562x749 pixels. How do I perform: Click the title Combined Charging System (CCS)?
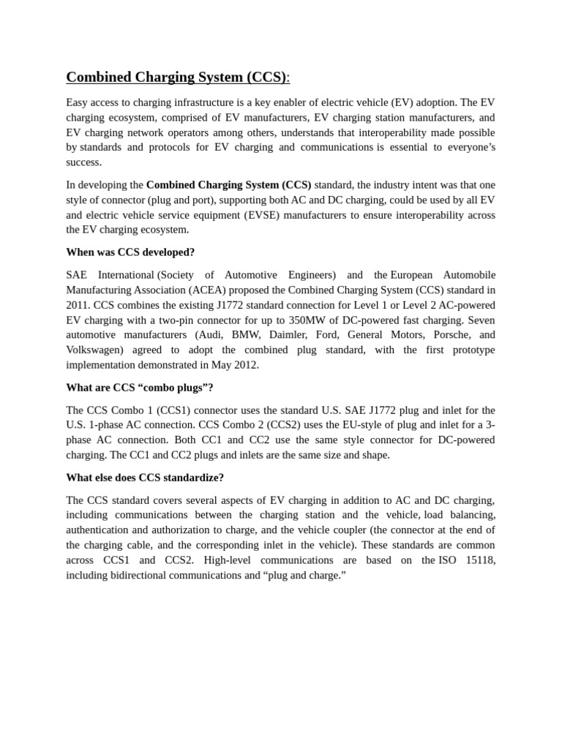pyautogui.click(x=178, y=78)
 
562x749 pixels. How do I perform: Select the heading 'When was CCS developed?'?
pyautogui.click(x=130, y=252)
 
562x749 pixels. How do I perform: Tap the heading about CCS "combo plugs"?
pyautogui.click(x=140, y=388)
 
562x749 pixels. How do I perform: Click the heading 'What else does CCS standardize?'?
pyautogui.click(x=145, y=478)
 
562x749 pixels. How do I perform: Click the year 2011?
pyautogui.click(x=78, y=305)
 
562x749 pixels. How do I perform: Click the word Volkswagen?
pyautogui.click(x=94, y=350)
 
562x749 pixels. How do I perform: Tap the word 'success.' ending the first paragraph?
pyautogui.click(x=84, y=162)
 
